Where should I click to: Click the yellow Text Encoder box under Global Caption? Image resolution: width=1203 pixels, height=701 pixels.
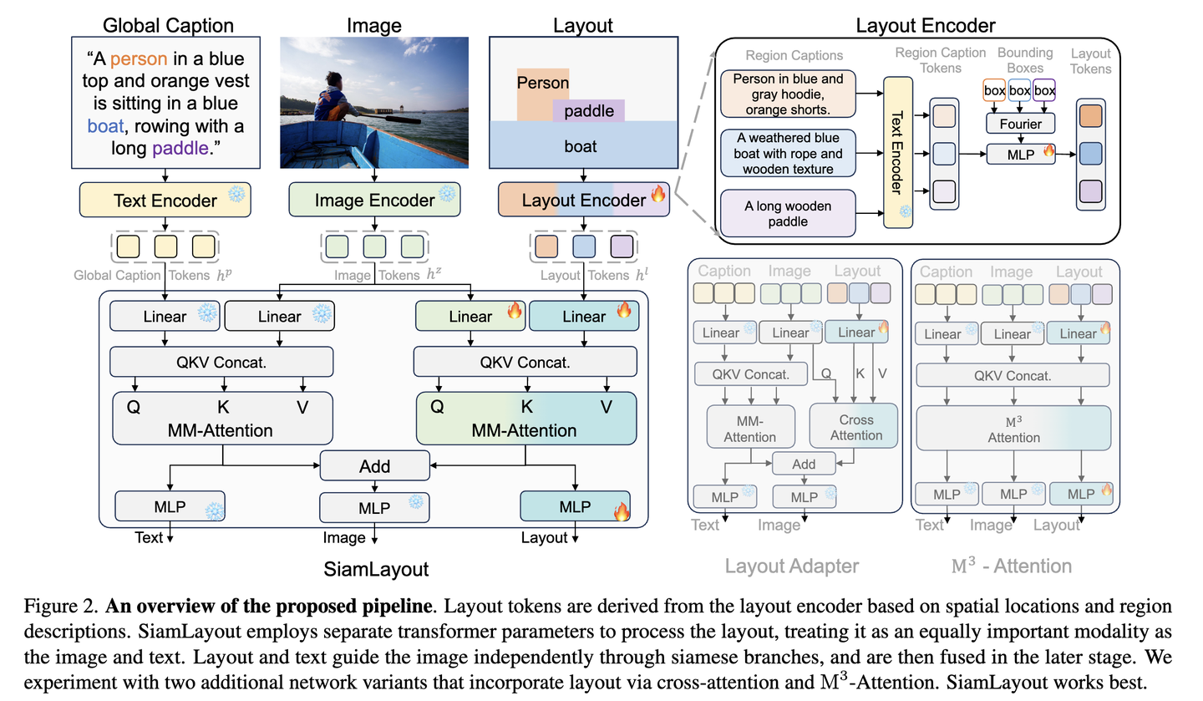click(165, 201)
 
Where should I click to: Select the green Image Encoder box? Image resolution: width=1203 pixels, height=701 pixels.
click(374, 201)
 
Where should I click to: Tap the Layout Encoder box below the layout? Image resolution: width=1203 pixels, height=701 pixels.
click(584, 201)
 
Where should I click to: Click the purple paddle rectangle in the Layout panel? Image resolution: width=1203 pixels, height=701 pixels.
click(588, 111)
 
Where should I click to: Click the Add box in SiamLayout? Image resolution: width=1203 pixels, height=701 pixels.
click(374, 466)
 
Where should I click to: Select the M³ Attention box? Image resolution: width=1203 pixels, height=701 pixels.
click(1013, 429)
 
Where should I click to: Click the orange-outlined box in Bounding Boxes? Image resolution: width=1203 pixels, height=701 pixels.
click(994, 90)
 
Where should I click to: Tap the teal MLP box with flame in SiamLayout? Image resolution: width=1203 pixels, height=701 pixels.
click(575, 506)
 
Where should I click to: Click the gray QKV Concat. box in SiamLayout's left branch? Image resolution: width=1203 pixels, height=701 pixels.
click(221, 363)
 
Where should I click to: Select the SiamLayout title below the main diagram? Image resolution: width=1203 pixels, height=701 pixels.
click(375, 570)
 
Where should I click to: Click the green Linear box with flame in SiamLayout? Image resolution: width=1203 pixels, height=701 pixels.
click(470, 317)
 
